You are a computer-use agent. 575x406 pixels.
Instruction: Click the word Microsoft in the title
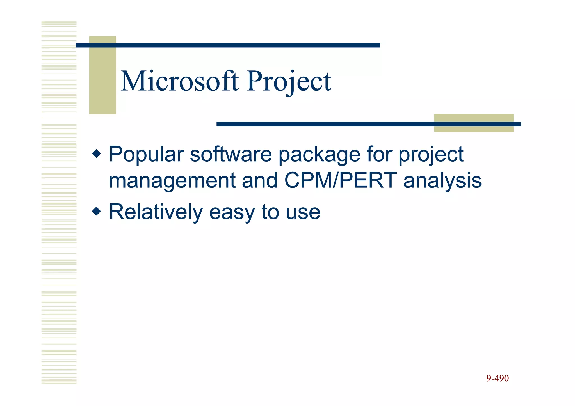179,81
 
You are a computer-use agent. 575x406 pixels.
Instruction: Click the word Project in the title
289,81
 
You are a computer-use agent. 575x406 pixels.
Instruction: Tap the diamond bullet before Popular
96,154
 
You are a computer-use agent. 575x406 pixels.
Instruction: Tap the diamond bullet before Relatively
96,211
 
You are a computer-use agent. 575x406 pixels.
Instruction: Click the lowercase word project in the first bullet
431,155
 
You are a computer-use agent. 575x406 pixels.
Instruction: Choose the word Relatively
156,212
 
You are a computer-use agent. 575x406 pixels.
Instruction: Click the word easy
232,213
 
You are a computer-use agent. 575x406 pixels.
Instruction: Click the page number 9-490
497,378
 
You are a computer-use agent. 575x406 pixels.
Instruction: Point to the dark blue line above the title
228,45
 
